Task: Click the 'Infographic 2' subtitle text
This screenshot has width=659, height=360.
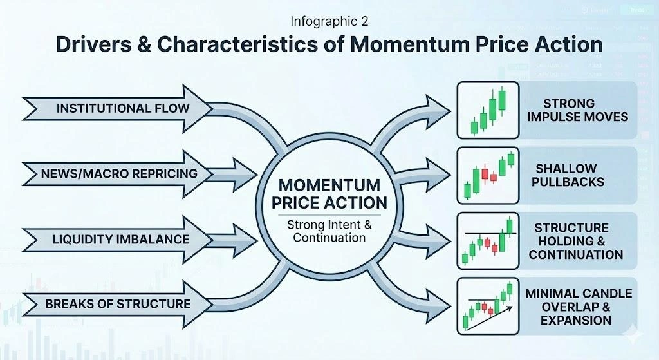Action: point(329,21)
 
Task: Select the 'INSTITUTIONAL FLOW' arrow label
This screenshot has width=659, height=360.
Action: point(122,108)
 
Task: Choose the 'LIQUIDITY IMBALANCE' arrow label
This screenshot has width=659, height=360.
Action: point(120,240)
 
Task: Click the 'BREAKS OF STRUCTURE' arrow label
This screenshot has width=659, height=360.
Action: point(118,303)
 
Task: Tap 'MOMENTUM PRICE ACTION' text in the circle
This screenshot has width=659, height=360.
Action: point(329,193)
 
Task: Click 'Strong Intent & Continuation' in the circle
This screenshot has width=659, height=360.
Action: point(329,231)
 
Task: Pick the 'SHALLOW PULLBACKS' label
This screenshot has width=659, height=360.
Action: point(570,175)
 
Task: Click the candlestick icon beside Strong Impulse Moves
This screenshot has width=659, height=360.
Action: point(488,110)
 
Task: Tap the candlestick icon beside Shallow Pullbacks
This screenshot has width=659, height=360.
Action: point(488,175)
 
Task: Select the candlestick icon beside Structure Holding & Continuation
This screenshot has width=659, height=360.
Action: point(488,241)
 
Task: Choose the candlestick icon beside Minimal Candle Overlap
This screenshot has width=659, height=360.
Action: point(488,307)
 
